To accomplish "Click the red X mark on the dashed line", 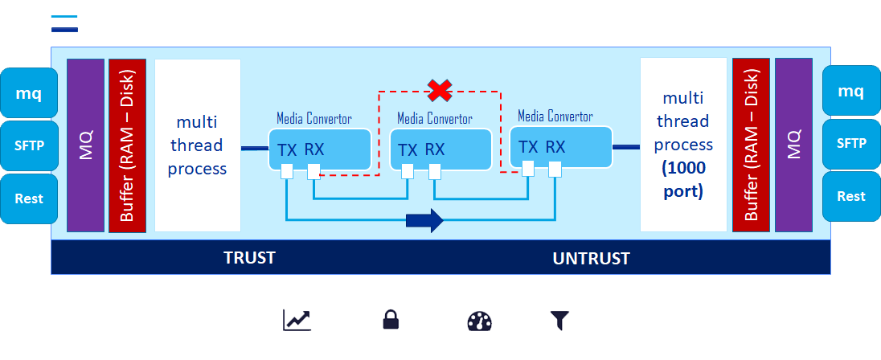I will (439, 91).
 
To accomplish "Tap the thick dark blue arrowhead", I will (434, 219).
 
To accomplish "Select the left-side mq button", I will (29, 92).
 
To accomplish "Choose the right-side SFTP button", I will (851, 143).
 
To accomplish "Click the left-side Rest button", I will (29, 198).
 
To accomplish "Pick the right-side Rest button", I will (851, 196).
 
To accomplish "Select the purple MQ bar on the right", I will (793, 144).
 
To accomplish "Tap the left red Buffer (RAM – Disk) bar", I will (127, 145).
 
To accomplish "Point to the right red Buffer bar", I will (751, 144).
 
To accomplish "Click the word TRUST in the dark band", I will (249, 258).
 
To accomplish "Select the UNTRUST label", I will (591, 259).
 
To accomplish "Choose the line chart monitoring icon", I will (297, 321).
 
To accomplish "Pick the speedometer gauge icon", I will (479, 321).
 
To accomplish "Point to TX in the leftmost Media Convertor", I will (287, 149).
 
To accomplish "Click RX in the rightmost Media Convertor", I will (555, 146).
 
